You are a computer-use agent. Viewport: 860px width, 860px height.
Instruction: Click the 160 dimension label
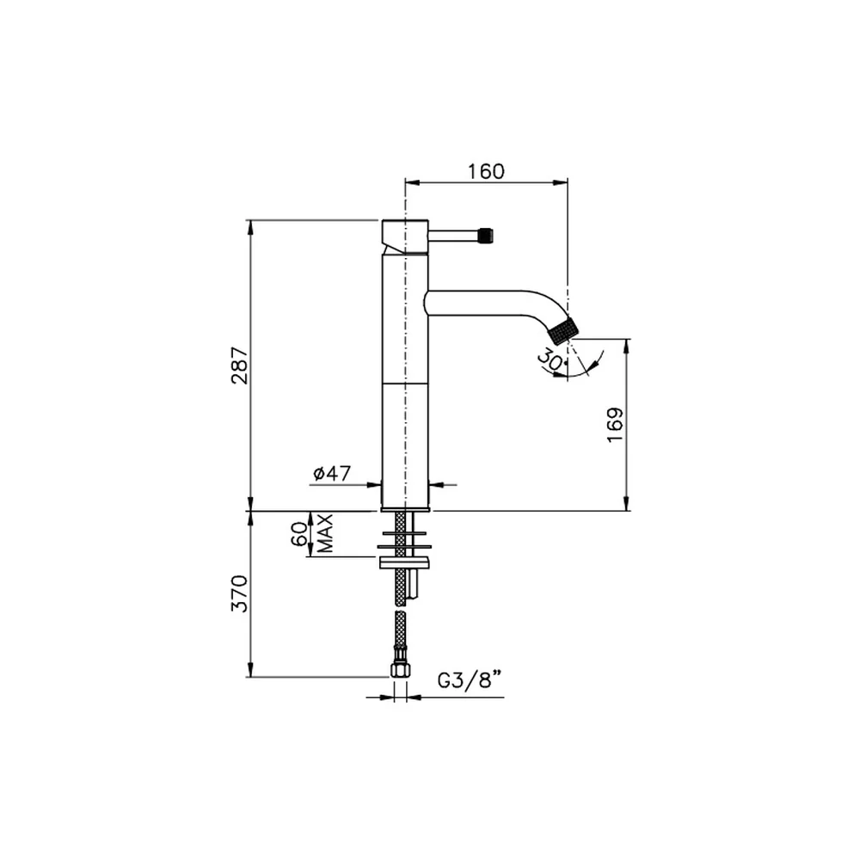coord(486,172)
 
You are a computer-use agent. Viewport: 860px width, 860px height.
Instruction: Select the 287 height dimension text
coord(240,365)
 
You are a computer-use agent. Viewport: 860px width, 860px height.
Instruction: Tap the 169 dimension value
coord(615,425)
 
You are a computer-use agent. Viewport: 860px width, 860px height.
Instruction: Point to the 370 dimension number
coord(240,593)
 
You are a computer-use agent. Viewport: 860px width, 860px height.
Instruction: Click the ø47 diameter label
coord(332,473)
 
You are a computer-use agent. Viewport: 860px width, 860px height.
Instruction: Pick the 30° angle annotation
coord(550,361)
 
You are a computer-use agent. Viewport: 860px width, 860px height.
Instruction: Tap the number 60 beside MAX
coord(299,534)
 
